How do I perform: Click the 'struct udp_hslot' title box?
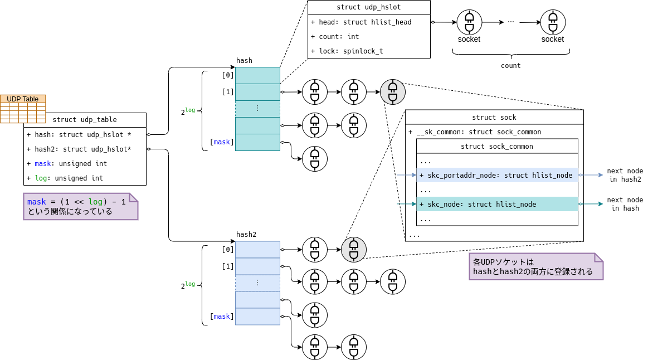[369, 7]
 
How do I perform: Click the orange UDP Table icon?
[22, 108]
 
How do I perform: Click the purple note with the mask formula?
[80, 206]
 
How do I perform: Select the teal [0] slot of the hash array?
[257, 75]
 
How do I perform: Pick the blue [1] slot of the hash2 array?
[257, 266]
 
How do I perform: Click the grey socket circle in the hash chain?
[393, 92]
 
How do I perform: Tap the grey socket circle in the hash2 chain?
[354, 250]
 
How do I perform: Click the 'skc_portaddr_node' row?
[497, 176]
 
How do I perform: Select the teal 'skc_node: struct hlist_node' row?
[497, 205]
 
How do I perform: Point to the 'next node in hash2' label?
[625, 175]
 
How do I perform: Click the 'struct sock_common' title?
[497, 147]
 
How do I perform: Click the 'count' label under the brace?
[510, 66]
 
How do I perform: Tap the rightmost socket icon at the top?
[553, 22]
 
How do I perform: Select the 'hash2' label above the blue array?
[246, 235]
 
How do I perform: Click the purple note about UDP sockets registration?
[536, 266]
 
